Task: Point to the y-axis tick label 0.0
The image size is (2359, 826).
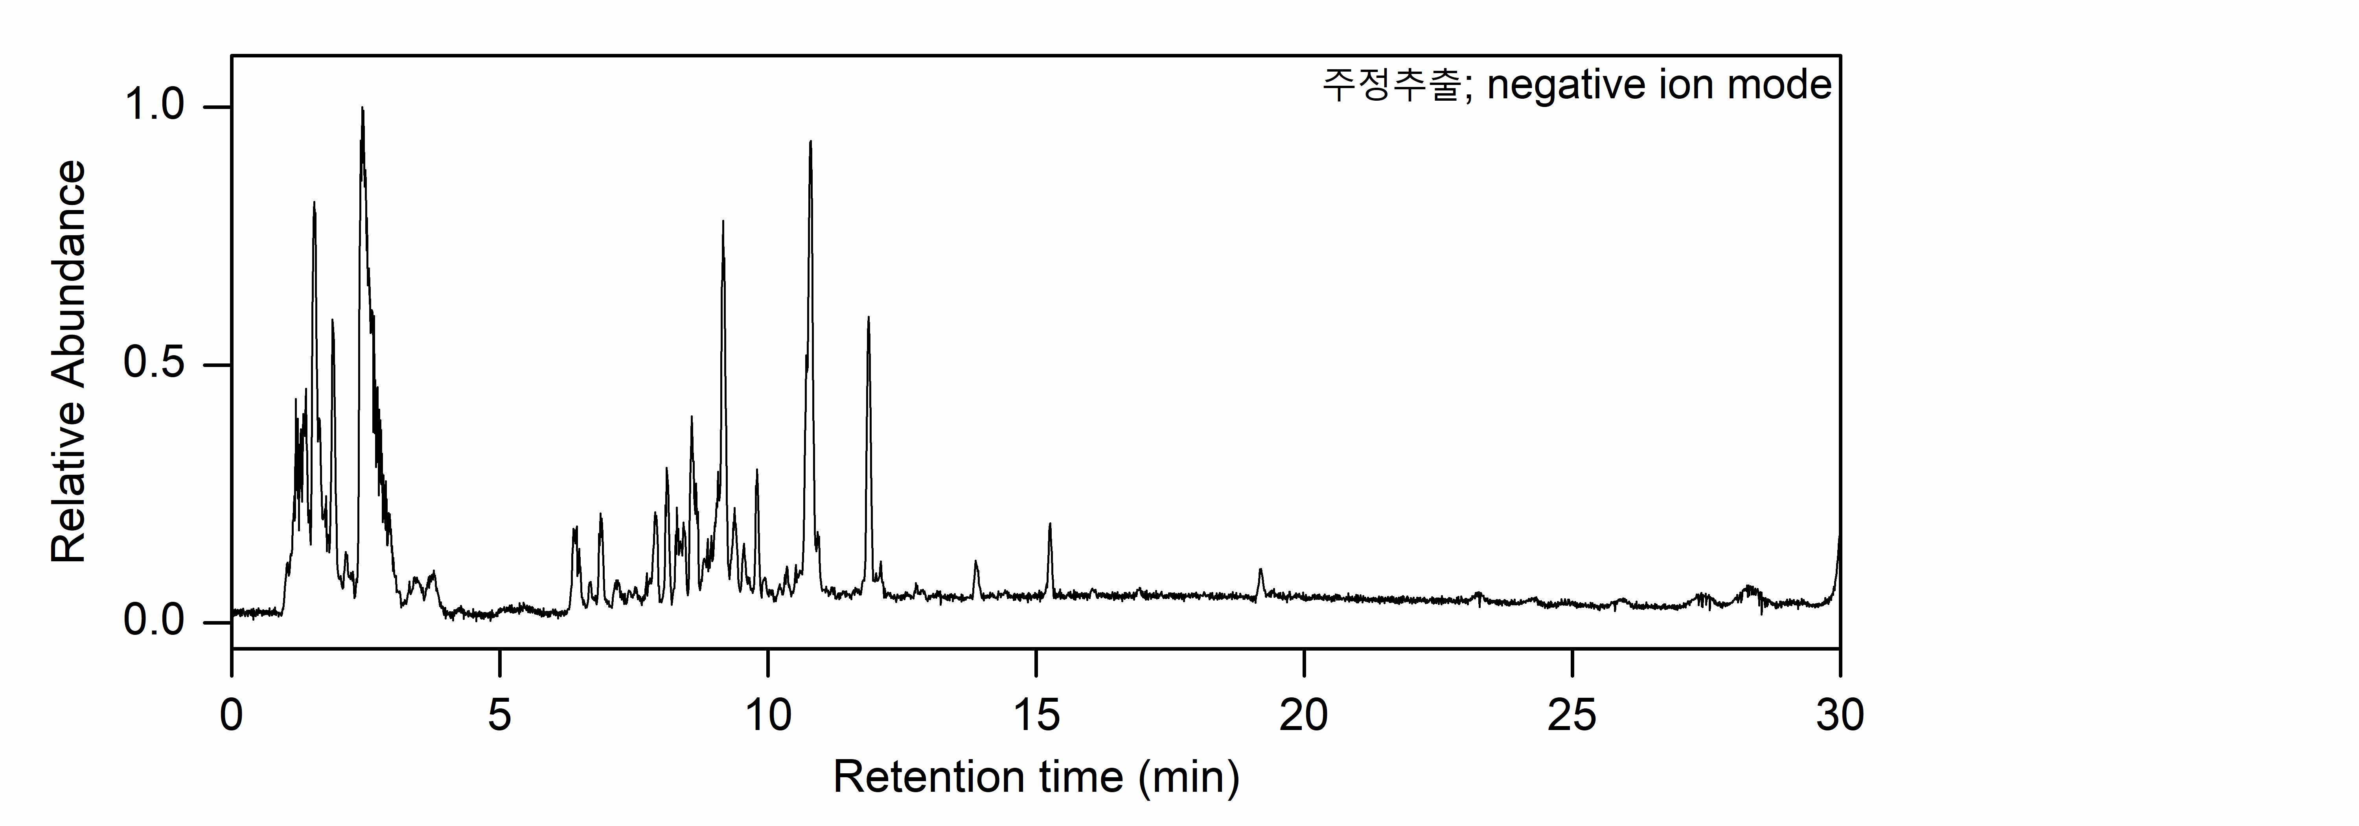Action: point(154,622)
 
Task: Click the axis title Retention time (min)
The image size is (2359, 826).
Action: point(1036,778)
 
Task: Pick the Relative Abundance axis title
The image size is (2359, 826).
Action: point(69,362)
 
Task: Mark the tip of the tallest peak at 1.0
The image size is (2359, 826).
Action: point(362,108)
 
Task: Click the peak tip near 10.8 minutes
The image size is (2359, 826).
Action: point(810,142)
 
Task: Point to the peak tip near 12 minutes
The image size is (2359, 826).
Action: point(868,318)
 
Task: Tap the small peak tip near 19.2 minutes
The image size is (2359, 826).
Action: point(1261,570)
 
